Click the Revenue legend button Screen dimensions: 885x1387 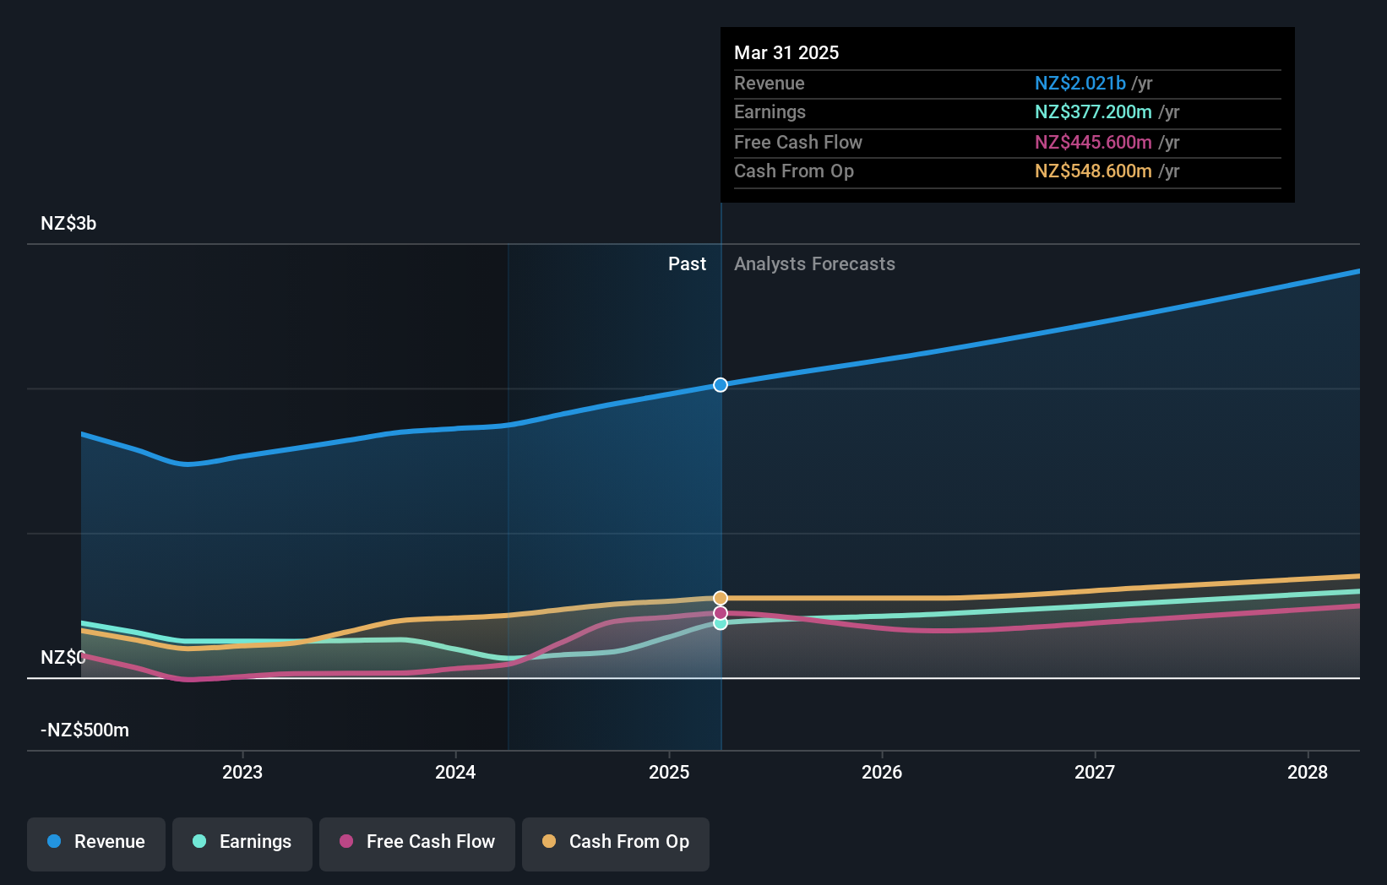(96, 842)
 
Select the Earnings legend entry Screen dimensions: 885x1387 (242, 842)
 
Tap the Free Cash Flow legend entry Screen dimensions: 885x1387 (417, 842)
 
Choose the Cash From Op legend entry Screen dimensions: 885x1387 (616, 842)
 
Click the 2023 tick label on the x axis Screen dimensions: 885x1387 (242, 772)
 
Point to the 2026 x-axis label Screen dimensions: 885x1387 (882, 772)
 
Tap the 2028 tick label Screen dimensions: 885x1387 (1308, 772)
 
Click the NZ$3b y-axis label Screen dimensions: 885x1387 (68, 224)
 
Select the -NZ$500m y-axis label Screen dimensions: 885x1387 (85, 730)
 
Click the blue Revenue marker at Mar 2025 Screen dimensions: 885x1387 (721, 385)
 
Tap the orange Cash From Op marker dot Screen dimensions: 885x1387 (721, 598)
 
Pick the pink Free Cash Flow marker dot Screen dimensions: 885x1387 (721, 613)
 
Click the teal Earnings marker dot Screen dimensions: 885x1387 (721, 623)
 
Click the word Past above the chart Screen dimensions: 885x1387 (687, 264)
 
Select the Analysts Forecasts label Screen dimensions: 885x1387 (814, 264)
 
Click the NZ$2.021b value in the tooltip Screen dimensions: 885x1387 (1080, 84)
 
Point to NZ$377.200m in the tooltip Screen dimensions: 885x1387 (1093, 112)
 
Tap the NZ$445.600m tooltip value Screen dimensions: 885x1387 (1093, 143)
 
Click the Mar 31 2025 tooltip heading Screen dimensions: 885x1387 (786, 53)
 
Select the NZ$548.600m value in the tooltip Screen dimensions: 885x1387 (1093, 171)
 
